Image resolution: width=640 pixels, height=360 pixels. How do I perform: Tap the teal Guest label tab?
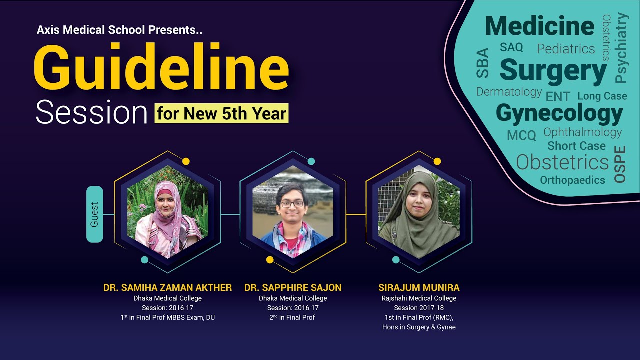[95, 214]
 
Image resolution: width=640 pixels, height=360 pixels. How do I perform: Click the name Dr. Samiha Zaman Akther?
[168, 288]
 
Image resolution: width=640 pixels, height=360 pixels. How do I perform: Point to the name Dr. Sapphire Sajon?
[293, 288]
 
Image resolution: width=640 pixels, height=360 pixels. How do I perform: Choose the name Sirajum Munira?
[419, 288]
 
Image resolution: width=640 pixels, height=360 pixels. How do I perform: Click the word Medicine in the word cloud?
[540, 26]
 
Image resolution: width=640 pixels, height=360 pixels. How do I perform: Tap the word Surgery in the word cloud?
[553, 70]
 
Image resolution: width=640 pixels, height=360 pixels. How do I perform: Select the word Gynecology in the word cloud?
[559, 114]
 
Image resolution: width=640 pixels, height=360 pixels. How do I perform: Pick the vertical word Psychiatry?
[621, 48]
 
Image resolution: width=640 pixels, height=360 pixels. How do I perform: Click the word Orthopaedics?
[572, 180]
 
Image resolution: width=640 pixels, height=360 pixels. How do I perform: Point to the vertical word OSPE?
[620, 164]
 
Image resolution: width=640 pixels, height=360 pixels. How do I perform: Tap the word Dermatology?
[509, 92]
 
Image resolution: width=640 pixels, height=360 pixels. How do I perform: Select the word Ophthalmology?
[582, 132]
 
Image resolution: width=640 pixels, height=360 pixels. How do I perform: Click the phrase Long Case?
[602, 96]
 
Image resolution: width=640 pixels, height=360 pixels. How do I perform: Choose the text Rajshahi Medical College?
[419, 298]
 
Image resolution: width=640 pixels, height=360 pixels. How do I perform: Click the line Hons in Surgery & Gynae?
[419, 327]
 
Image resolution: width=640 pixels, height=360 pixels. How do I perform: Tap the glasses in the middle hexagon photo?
[292, 204]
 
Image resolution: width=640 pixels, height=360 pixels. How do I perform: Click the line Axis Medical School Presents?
[119, 30]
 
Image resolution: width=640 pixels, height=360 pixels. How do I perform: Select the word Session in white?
[92, 114]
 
